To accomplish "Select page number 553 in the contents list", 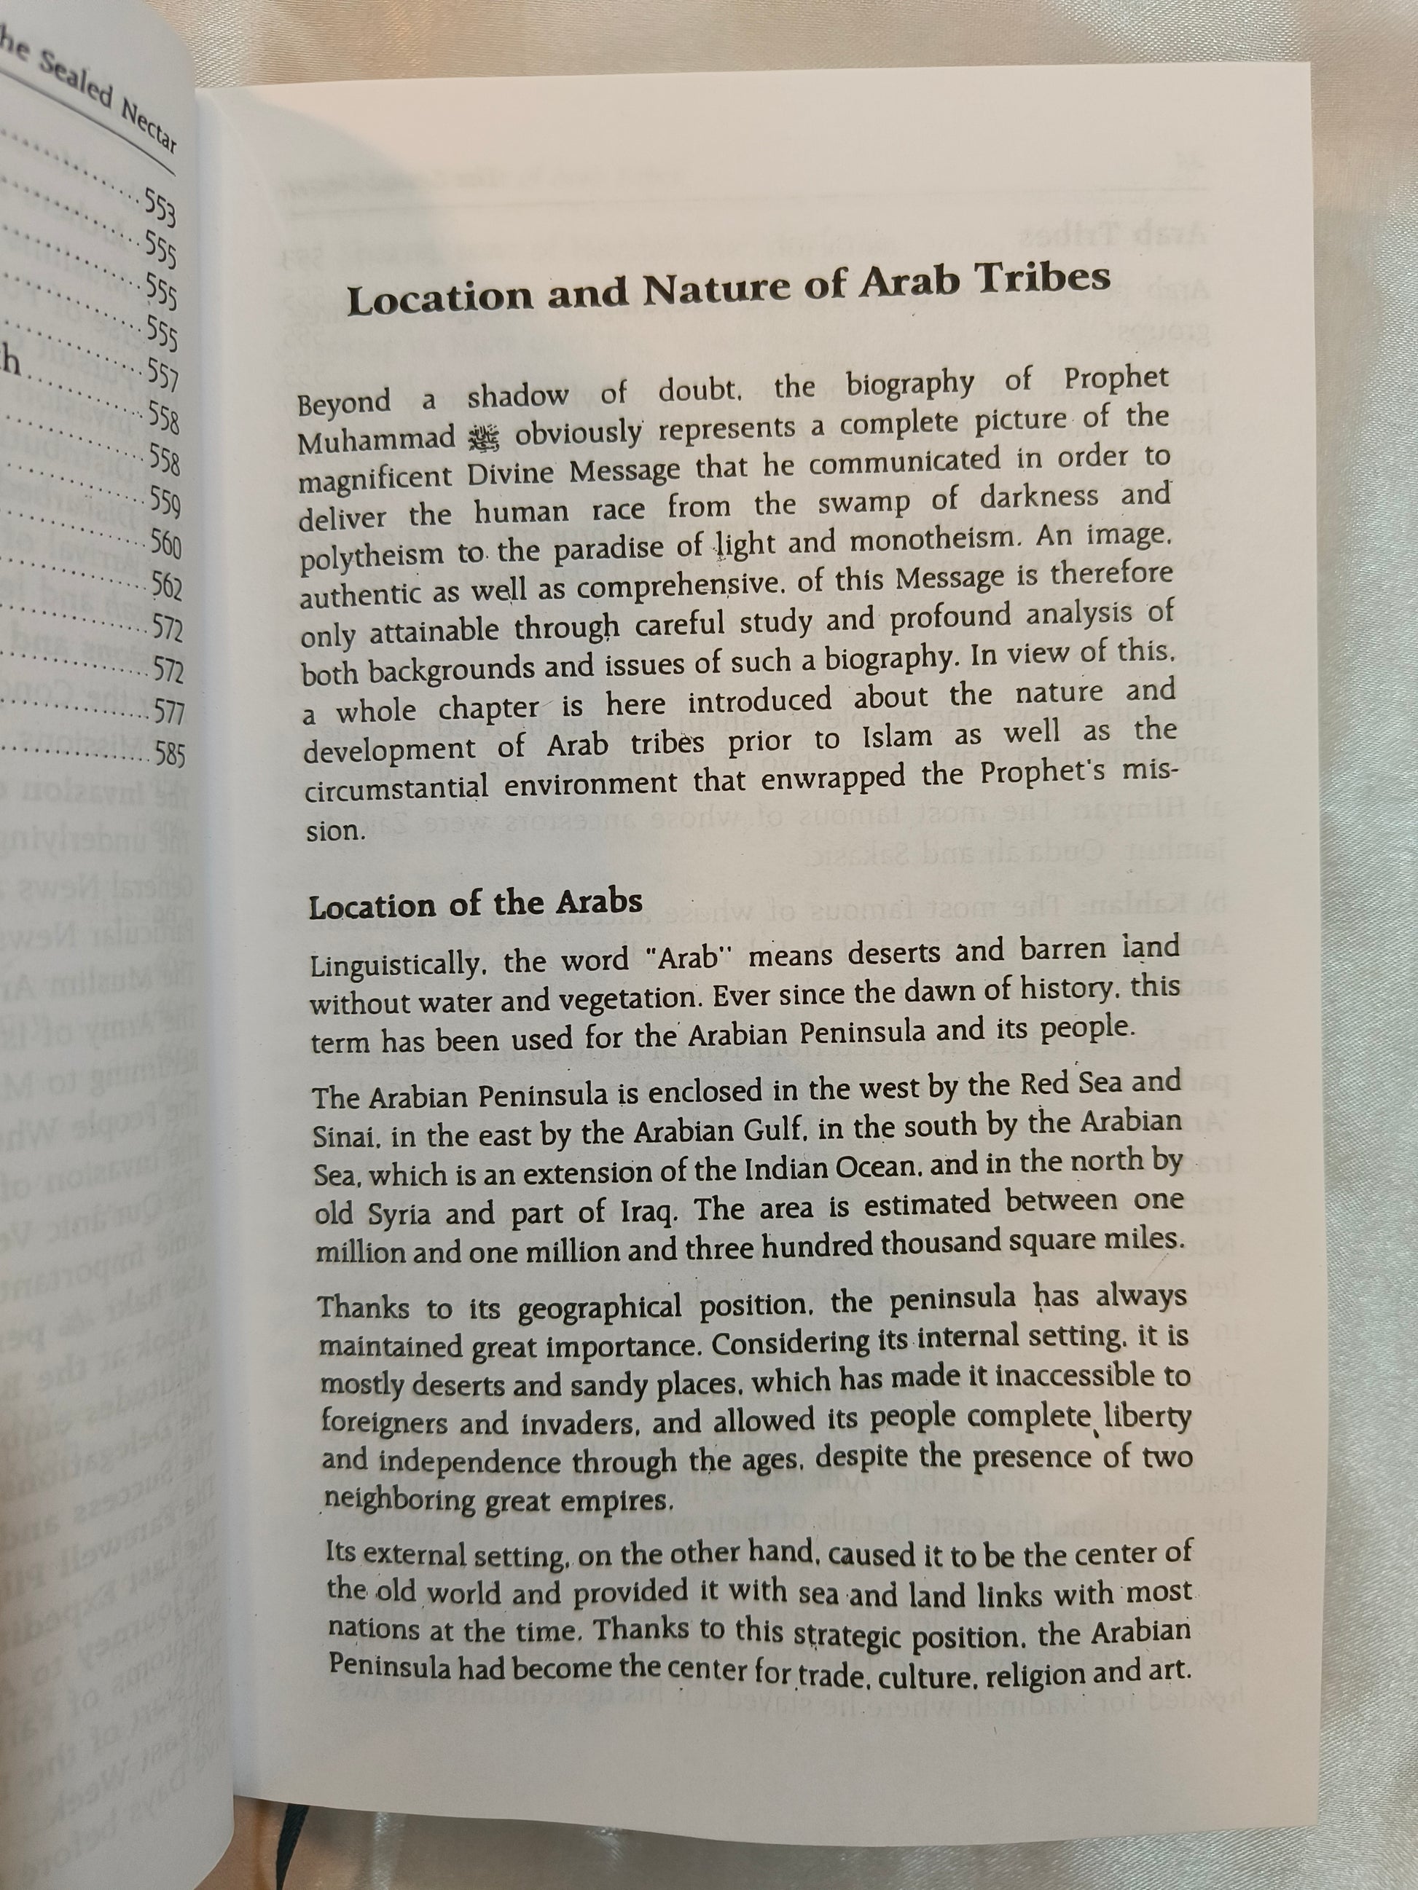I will click(160, 206).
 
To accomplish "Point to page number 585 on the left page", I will click(169, 754).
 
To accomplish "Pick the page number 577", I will click(168, 712).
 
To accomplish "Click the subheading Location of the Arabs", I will click(475, 904).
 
